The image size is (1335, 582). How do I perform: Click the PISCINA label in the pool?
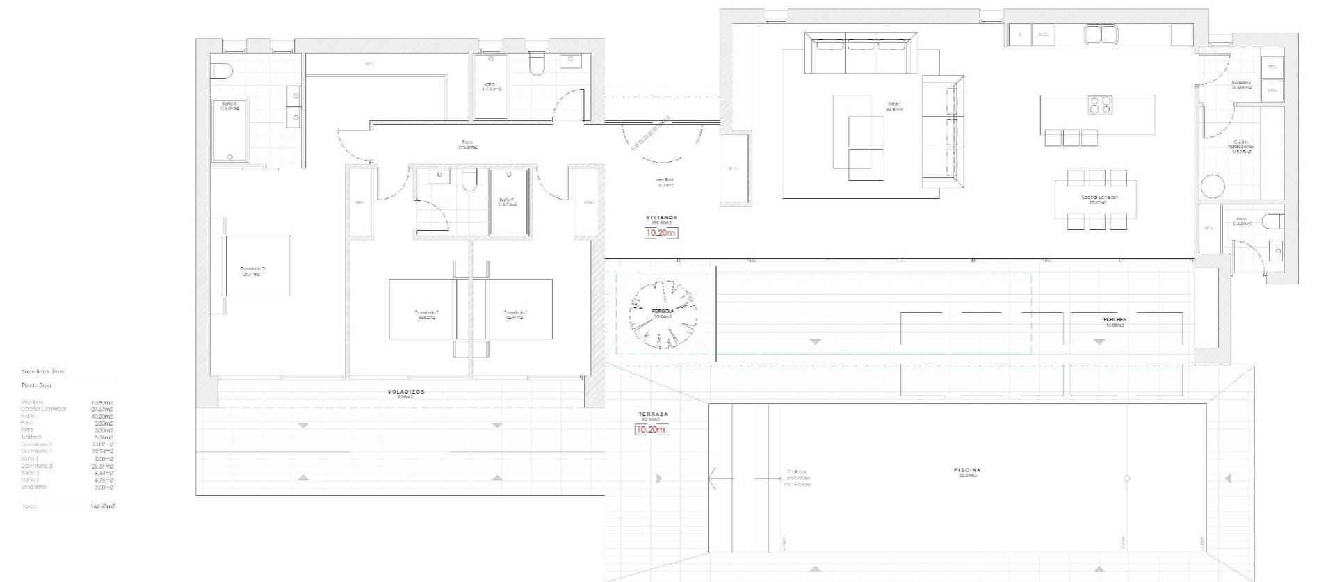(966, 471)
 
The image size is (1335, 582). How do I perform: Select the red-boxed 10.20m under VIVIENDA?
(661, 233)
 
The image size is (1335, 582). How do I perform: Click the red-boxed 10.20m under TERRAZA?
(650, 430)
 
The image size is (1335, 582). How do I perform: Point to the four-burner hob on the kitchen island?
(1099, 104)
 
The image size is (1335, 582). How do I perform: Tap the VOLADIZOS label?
(405, 391)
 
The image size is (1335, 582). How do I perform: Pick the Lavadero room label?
(1241, 83)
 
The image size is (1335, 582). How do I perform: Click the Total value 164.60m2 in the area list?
(103, 507)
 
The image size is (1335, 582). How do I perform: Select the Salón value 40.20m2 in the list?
(102, 416)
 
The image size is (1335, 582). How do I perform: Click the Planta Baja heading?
(35, 385)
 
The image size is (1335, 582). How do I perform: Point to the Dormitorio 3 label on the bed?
(252, 269)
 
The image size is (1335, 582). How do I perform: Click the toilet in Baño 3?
(221, 71)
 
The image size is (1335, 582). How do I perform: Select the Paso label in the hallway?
(467, 143)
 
